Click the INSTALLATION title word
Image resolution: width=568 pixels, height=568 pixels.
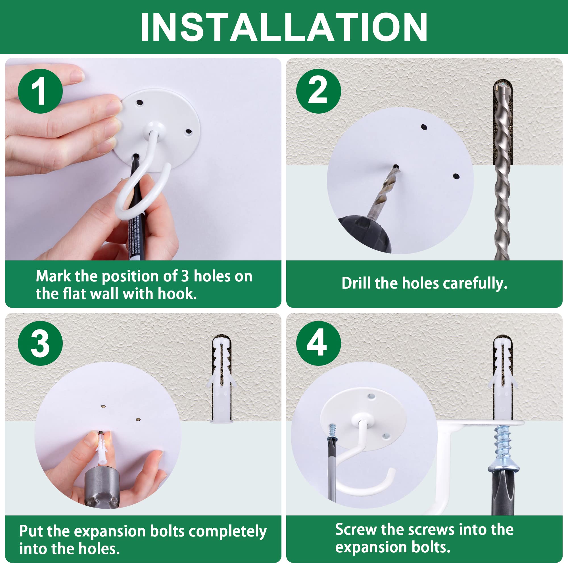point(284,27)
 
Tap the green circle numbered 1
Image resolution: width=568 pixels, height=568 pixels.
point(40,91)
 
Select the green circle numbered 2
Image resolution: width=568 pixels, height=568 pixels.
point(318,91)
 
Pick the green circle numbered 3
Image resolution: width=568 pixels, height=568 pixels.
point(40,343)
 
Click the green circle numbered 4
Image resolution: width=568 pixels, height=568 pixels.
point(318,343)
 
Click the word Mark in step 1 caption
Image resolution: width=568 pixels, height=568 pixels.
point(53,276)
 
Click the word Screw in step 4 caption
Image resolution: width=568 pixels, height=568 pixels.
point(356,529)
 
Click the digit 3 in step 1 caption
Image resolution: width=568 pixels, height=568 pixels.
point(185,276)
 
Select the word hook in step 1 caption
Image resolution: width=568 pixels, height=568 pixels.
point(177,294)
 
